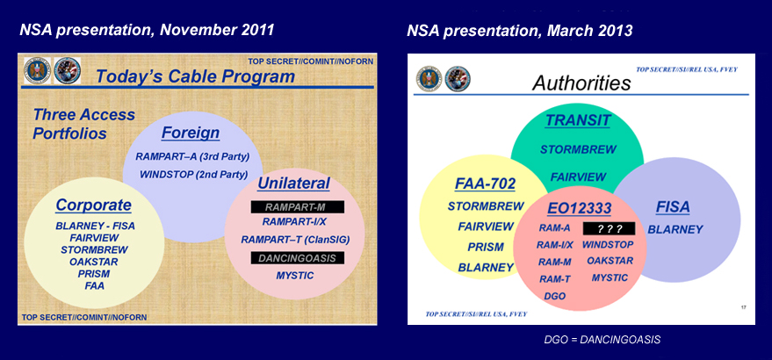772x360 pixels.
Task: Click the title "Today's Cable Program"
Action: (x=194, y=76)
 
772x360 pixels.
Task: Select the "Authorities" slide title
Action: (x=581, y=83)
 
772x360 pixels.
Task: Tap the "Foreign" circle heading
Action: (x=190, y=133)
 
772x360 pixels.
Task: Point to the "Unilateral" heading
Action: (x=293, y=184)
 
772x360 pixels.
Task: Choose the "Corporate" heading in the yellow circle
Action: (x=93, y=205)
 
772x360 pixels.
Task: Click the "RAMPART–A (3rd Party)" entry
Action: (x=192, y=156)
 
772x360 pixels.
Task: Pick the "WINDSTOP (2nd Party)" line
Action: (x=192, y=174)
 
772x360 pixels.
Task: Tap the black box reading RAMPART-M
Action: (x=294, y=206)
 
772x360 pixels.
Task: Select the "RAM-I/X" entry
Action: (x=555, y=245)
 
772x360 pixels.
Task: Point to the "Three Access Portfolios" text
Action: (x=84, y=124)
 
